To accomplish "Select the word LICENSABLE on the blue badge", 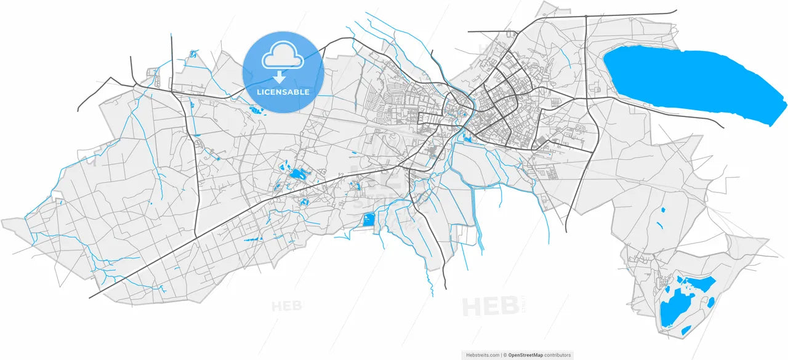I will (x=283, y=92).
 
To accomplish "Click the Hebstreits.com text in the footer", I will (x=482, y=355).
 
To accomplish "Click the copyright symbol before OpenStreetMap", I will (x=505, y=355).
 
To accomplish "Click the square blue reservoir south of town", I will (x=368, y=220).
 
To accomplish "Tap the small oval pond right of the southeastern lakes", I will (x=711, y=302).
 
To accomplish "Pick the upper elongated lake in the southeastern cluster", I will (x=699, y=284).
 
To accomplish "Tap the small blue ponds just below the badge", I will (x=254, y=111).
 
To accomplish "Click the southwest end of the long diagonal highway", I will (x=90, y=297).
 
